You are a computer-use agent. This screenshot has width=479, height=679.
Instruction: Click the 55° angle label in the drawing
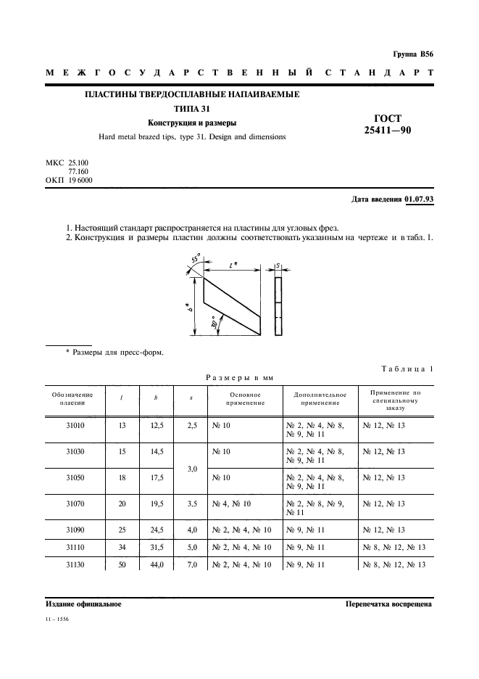[194, 259]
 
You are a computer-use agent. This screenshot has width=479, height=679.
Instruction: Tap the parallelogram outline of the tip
[231, 305]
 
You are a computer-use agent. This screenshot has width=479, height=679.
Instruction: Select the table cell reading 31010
[75, 427]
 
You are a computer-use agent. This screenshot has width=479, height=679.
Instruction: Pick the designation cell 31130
[75, 564]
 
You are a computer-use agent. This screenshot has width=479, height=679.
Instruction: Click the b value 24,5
[157, 529]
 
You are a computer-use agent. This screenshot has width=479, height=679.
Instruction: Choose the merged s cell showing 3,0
[191, 469]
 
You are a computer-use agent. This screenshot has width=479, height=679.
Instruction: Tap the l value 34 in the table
[122, 547]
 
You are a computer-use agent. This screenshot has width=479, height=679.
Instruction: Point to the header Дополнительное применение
[320, 398]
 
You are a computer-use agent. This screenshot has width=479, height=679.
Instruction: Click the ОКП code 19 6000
[80, 180]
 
